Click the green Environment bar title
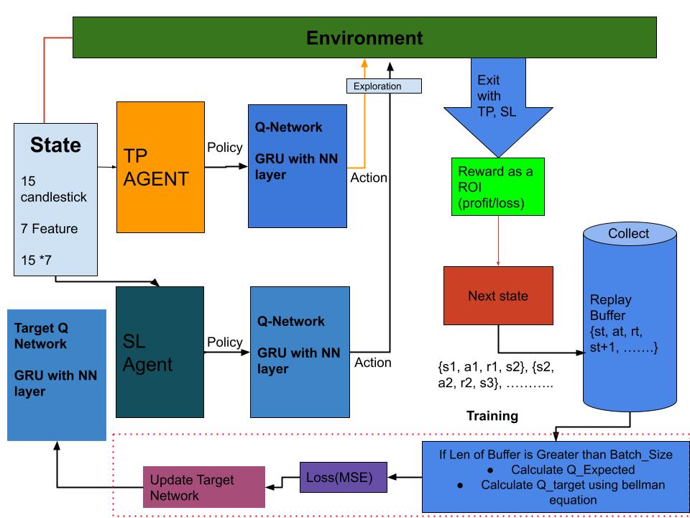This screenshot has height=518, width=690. coord(364,37)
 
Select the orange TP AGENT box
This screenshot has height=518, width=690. coord(156,167)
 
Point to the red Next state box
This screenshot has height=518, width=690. coord(498,296)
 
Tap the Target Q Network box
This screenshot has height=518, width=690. coord(57,374)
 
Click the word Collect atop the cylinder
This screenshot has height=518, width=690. coord(628,234)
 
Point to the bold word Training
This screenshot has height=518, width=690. coord(492,416)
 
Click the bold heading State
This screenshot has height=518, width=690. coord(55,145)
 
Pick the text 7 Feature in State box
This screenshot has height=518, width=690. coord(49,228)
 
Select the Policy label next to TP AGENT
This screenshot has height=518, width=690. coord(225,147)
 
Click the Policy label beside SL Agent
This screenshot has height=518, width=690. coord(225,342)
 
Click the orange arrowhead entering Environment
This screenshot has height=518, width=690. coord(364,63)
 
